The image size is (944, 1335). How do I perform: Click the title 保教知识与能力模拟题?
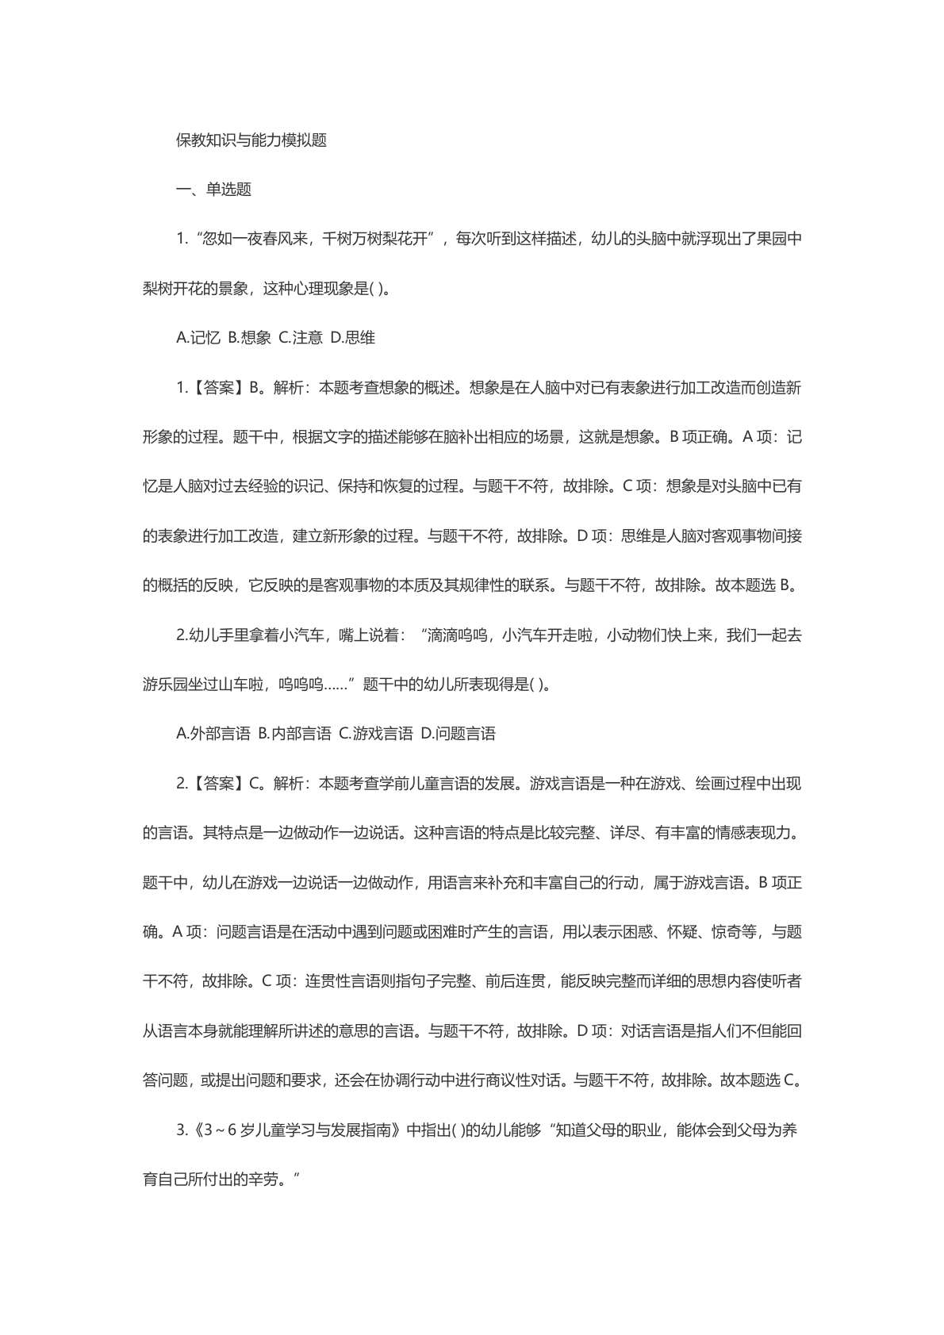(251, 140)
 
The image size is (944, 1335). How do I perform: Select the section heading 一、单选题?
(213, 190)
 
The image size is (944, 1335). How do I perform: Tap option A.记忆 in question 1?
(198, 338)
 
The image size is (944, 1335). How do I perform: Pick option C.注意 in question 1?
(301, 338)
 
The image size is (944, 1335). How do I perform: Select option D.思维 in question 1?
(353, 338)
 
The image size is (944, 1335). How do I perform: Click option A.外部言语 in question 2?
(213, 734)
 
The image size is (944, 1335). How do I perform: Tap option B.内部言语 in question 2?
(295, 734)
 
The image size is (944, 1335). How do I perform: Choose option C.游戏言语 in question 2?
(376, 734)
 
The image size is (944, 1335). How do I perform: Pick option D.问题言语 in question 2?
(458, 734)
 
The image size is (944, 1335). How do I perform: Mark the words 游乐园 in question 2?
(165, 685)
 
